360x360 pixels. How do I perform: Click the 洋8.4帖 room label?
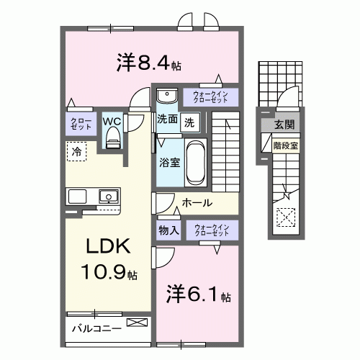tap(148, 63)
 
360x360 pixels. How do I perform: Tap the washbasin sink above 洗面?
tap(166, 96)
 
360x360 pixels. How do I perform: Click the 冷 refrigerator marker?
tap(76, 151)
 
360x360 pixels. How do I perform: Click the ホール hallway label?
tap(196, 204)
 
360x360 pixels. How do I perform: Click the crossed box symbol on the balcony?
tap(135, 323)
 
